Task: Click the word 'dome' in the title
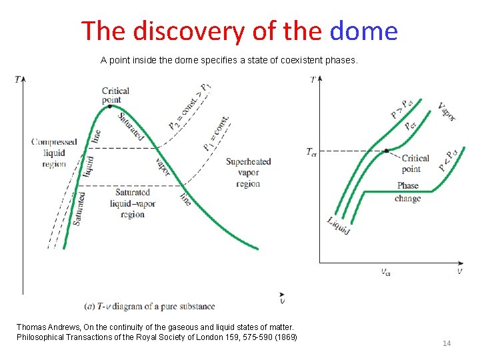pos(363,31)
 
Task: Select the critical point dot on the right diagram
pos(387,151)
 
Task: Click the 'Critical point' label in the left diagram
pos(115,95)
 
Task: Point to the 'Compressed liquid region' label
pos(54,153)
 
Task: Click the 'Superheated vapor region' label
pos(248,172)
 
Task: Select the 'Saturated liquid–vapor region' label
pos(133,203)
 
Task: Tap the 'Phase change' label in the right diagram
pos(407,192)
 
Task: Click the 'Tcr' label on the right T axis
pos(311,151)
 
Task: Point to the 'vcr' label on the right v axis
pos(386,271)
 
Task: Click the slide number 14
pos(447,343)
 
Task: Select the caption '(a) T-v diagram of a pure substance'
pos(150,307)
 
